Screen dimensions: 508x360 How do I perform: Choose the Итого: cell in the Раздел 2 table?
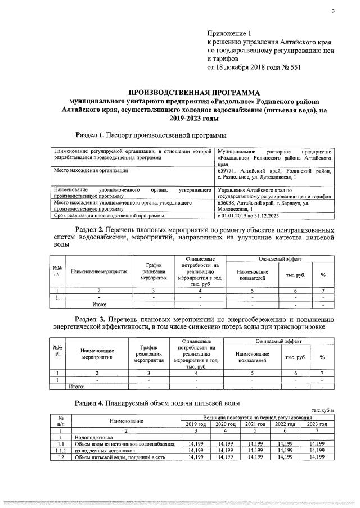click(x=99, y=303)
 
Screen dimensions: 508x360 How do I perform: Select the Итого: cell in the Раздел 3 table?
click(x=76, y=387)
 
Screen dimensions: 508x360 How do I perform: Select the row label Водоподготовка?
click(x=94, y=437)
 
